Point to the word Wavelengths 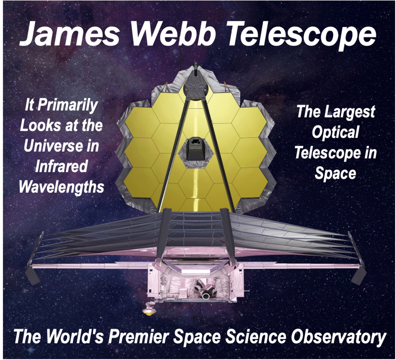pyautogui.click(x=61, y=187)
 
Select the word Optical pyautogui.click(x=335, y=133)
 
